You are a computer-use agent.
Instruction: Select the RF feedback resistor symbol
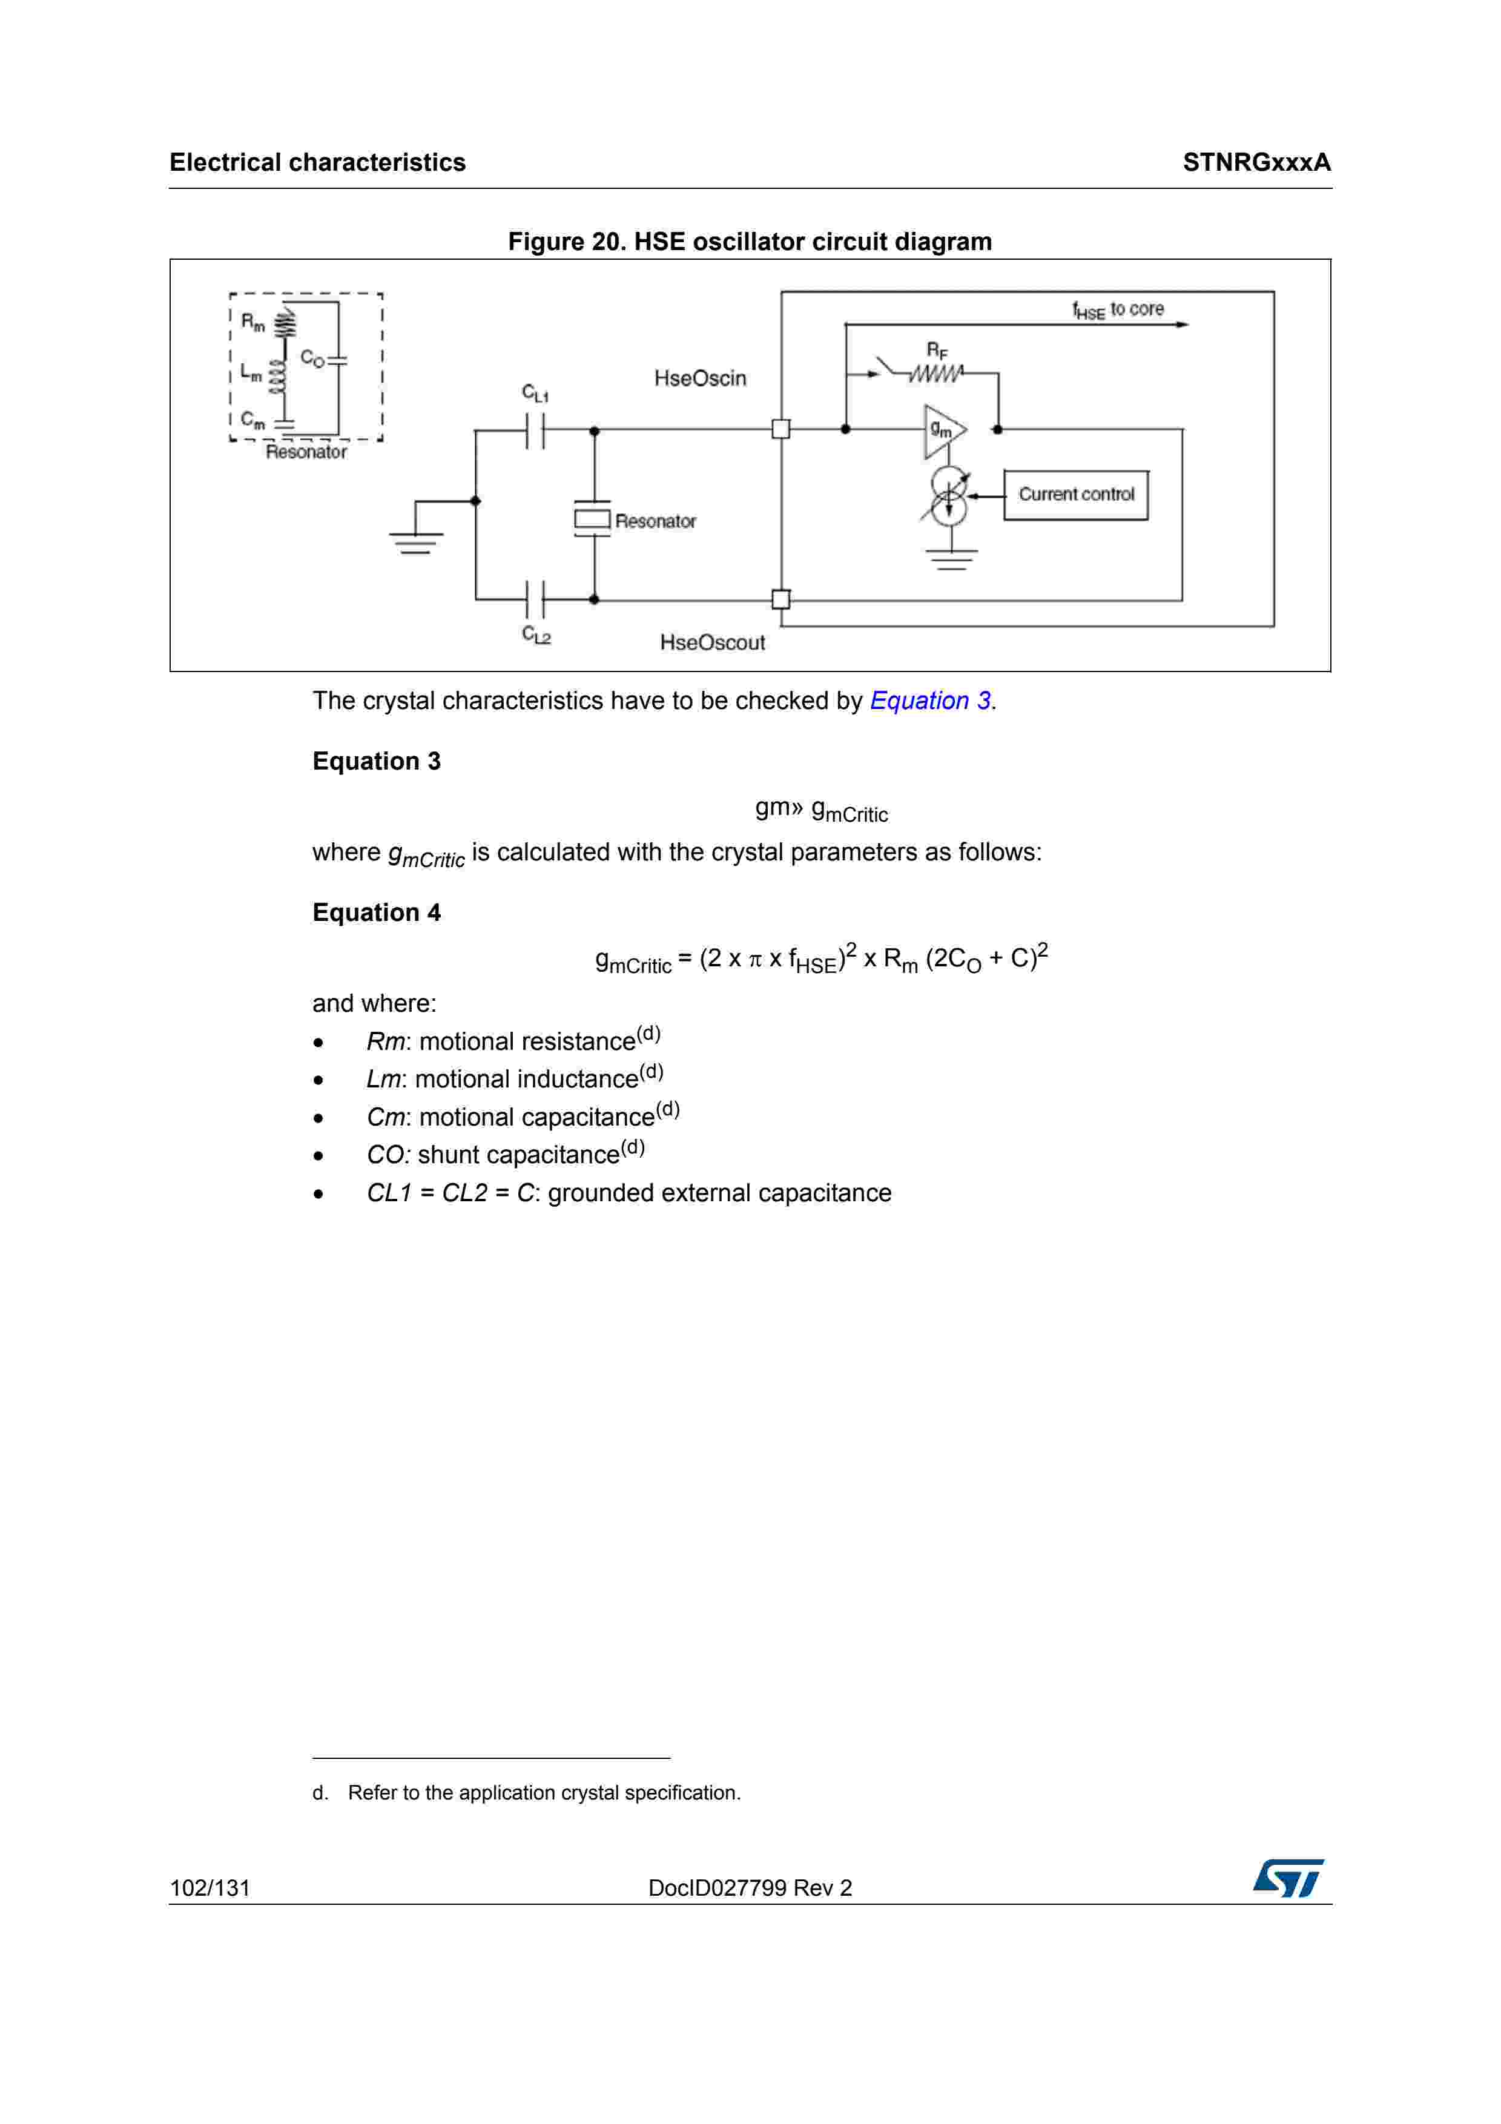(936, 373)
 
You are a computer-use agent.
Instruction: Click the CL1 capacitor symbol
(535, 430)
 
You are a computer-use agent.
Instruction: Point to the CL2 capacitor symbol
(535, 599)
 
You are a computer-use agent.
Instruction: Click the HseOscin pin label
(699, 378)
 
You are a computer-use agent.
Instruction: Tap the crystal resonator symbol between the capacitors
(593, 519)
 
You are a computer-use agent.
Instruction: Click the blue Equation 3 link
(929, 701)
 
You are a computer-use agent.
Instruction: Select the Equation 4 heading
(377, 913)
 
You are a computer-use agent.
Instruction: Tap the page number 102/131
(210, 1888)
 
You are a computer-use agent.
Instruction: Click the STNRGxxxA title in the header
(1256, 163)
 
